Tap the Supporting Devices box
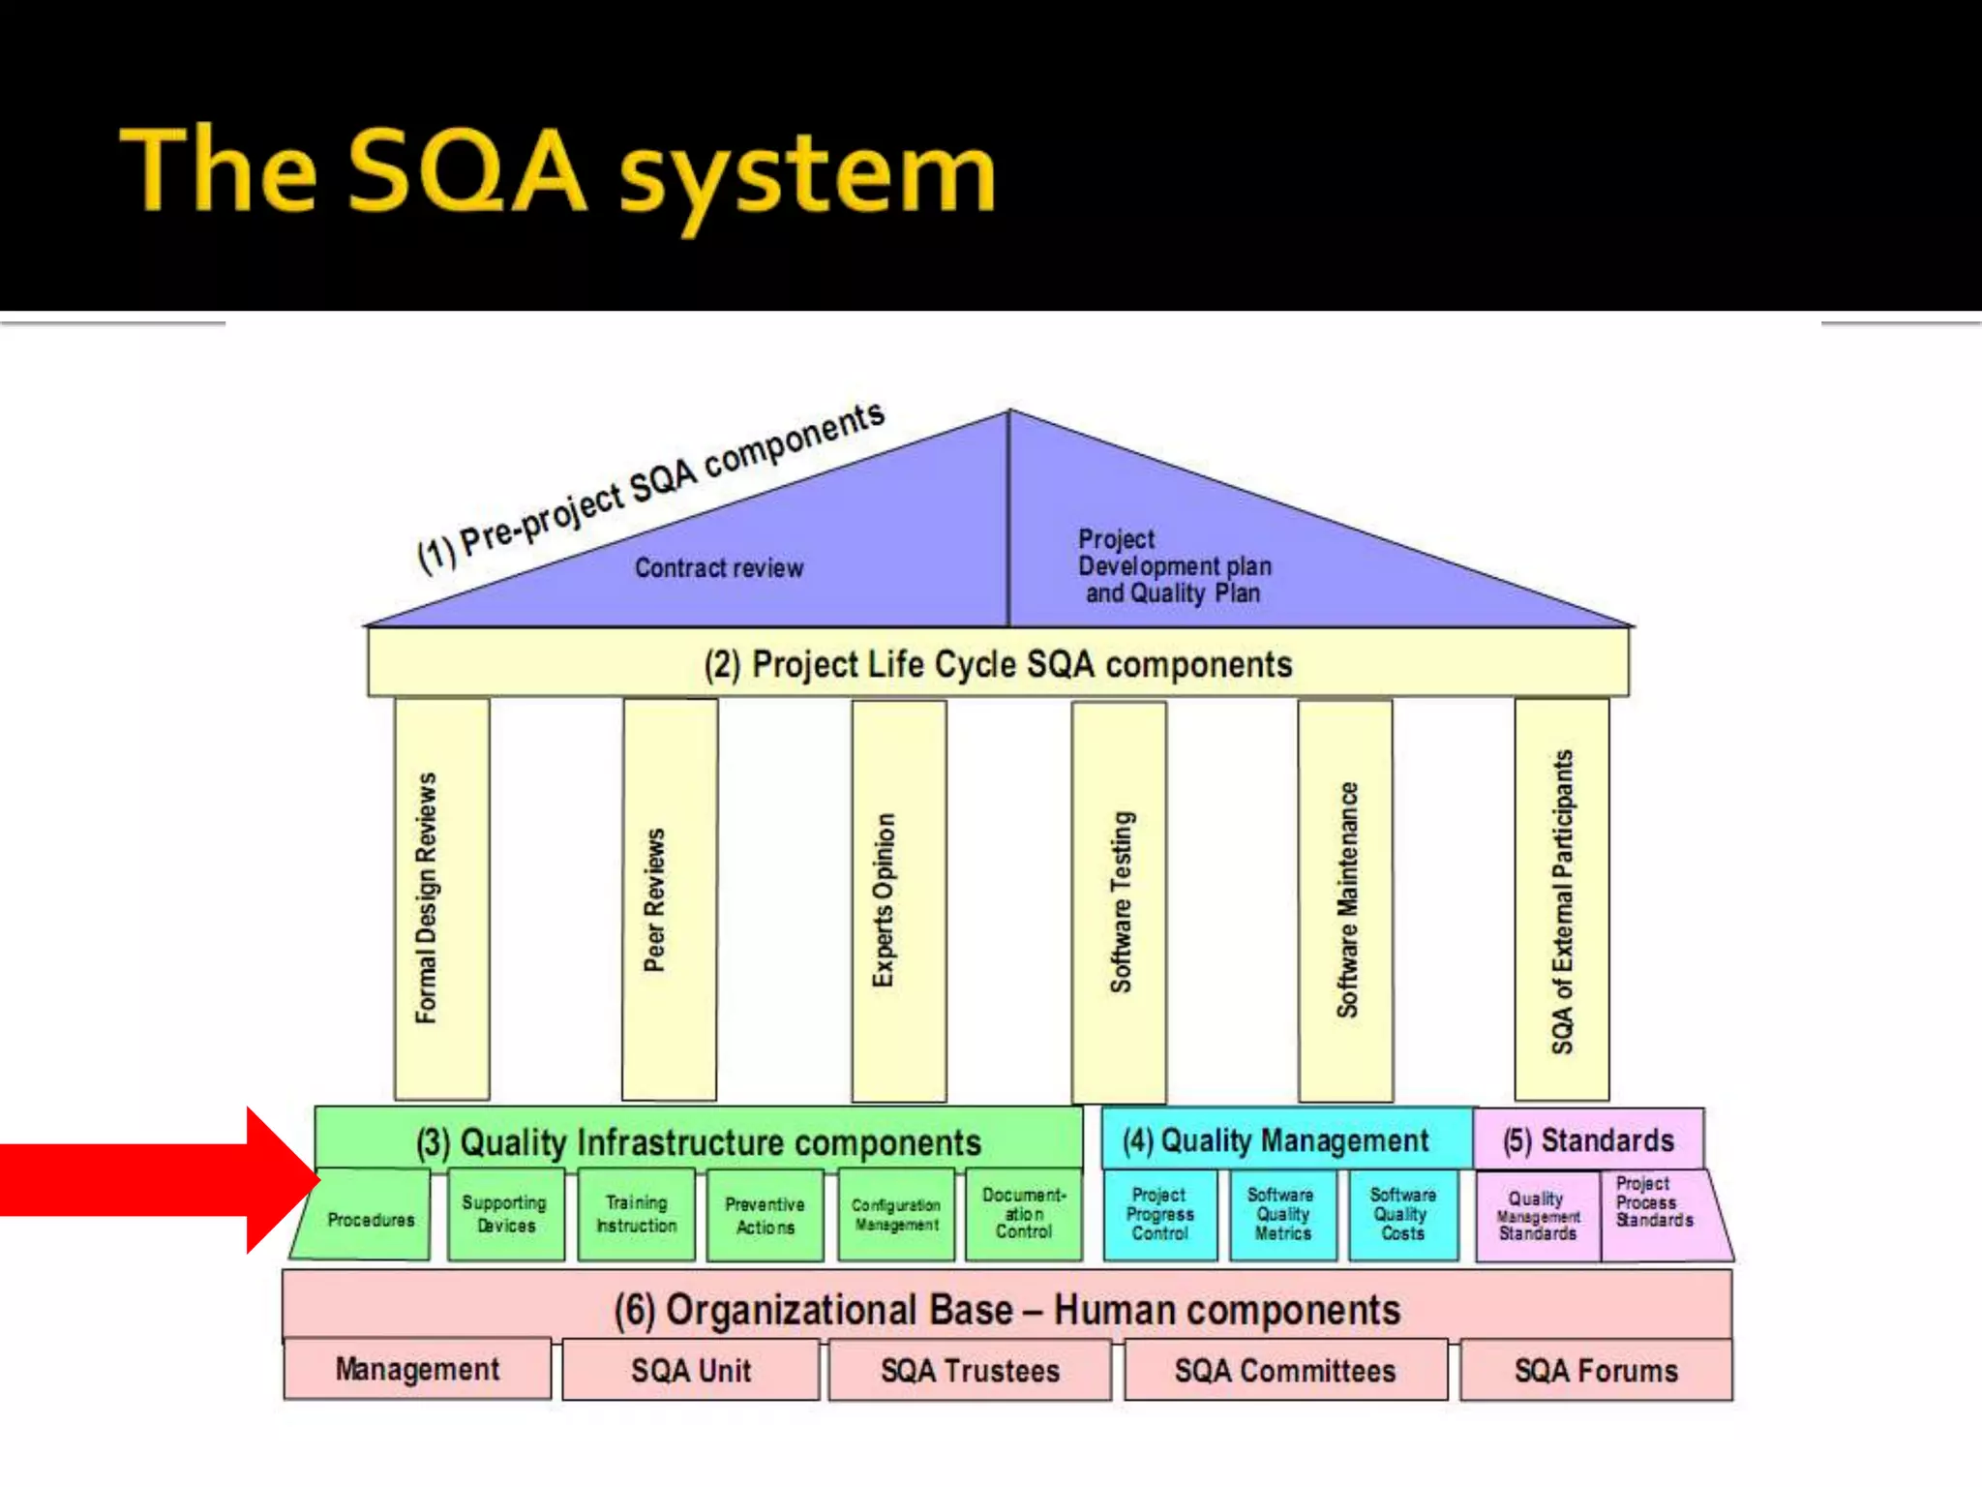[505, 1214]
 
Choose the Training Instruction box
[636, 1214]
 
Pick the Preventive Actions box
[765, 1215]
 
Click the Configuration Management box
[896, 1215]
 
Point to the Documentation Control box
[1024, 1214]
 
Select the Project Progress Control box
[1159, 1214]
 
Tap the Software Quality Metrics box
[1282, 1214]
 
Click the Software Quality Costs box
[1402, 1214]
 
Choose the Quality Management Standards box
[1538, 1216]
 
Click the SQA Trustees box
[970, 1371]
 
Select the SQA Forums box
[1596, 1371]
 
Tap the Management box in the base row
[417, 1369]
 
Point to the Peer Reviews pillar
[670, 900]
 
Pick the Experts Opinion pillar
[898, 900]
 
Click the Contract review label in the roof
[719, 568]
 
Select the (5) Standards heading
[1588, 1140]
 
